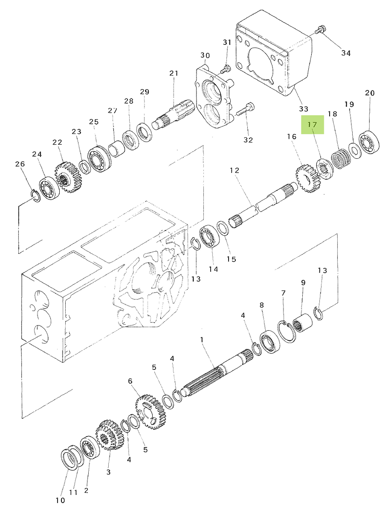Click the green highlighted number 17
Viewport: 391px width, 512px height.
313,125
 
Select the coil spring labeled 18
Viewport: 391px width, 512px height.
341,159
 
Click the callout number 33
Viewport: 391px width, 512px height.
303,109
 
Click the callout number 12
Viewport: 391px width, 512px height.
235,171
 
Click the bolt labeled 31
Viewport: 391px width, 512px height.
225,68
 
